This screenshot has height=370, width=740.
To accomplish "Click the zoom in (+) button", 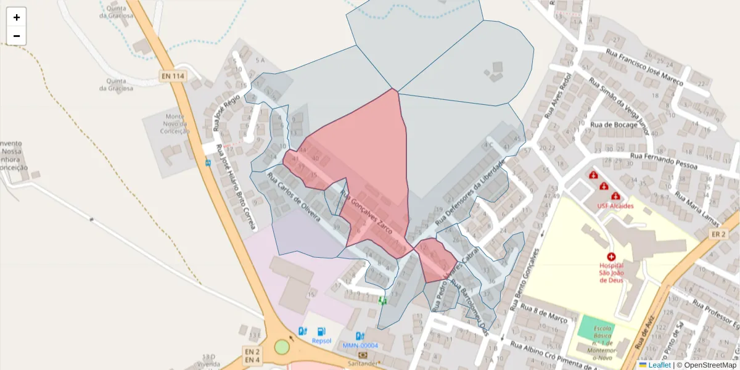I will pyautogui.click(x=17, y=17).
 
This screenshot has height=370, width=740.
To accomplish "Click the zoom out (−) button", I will pyautogui.click(x=17, y=36).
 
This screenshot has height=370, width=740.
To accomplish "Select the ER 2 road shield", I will pyautogui.click(x=718, y=234).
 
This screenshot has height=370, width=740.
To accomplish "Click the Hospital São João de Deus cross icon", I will pyautogui.click(x=611, y=256).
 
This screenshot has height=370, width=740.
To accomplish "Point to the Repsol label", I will pyautogui.click(x=321, y=340).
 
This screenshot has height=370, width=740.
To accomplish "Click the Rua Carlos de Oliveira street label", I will pyautogui.click(x=293, y=198).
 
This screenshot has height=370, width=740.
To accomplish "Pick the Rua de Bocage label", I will pyautogui.click(x=614, y=125).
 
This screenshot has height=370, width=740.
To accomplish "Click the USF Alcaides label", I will pyautogui.click(x=615, y=205).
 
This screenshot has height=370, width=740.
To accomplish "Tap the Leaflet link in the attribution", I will pyautogui.click(x=659, y=365).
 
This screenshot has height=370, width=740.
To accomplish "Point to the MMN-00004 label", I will pyautogui.click(x=360, y=345).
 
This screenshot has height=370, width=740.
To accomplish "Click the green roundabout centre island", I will pyautogui.click(x=282, y=347).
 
